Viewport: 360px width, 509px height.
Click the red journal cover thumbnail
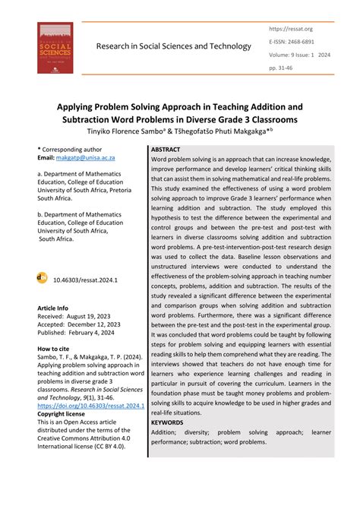(x=55, y=47)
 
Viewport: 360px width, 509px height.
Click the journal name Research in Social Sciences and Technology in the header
(x=173, y=47)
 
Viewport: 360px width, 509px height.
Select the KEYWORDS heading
(x=167, y=422)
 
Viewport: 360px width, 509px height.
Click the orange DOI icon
(x=43, y=278)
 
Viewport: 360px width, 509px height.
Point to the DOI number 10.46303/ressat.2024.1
(x=85, y=280)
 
